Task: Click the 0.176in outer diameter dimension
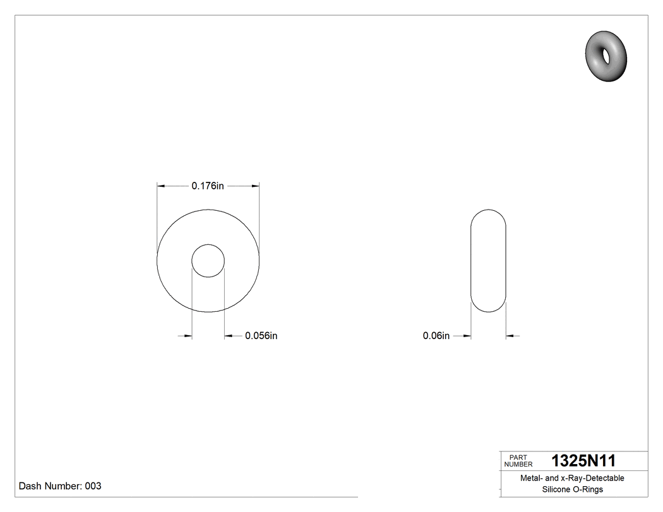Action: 208,186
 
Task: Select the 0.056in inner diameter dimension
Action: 261,336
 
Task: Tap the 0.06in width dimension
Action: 436,336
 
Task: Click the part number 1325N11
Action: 583,460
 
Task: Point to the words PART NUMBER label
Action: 518,461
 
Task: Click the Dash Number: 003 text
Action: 60,486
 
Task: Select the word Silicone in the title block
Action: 556,489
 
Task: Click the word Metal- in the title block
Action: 531,478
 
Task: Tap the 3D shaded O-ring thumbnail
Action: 606,56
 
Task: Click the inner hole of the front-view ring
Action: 208,261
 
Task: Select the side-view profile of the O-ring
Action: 489,261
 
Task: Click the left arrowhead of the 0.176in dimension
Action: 161,186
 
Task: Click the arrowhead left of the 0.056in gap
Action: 188,336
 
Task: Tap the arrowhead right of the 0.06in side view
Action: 510,336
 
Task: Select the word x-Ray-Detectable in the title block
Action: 593,478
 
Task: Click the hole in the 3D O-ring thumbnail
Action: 607,56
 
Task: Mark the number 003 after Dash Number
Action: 93,486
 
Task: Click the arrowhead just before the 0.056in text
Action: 229,336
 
